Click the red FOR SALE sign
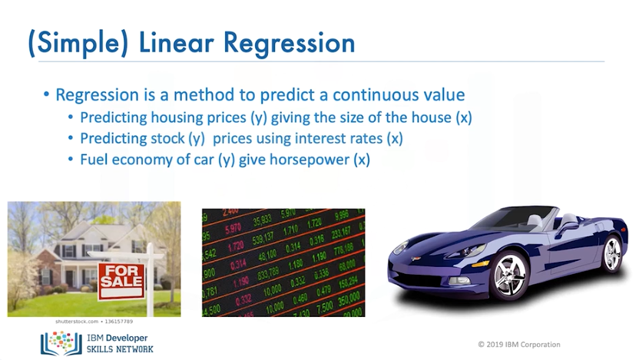click(121, 276)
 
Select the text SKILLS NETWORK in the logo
click(119, 350)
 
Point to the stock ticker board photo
click(283, 262)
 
